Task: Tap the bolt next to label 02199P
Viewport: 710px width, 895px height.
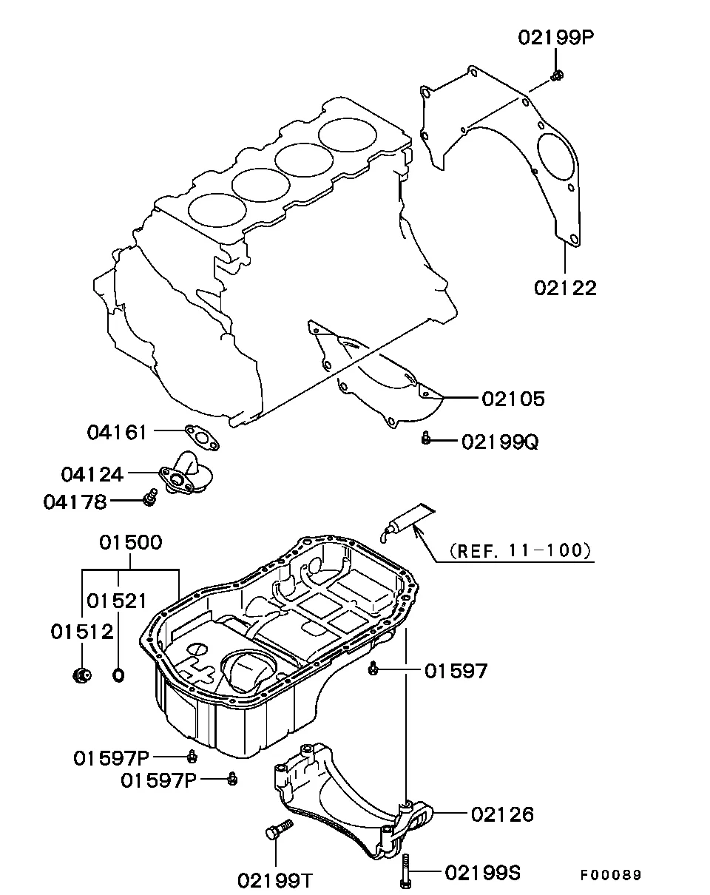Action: pos(558,75)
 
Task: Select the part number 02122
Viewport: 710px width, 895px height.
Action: pos(565,288)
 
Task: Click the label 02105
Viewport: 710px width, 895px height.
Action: pos(513,399)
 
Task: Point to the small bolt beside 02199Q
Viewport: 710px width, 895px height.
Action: pos(425,439)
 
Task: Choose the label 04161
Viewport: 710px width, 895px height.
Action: pos(117,431)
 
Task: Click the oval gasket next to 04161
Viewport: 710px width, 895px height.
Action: pos(201,436)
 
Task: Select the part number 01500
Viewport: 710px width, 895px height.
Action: pos(131,542)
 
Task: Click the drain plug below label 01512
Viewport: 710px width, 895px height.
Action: pos(82,674)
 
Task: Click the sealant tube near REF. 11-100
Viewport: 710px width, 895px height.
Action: pos(403,521)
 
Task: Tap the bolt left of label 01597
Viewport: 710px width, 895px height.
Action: pos(373,669)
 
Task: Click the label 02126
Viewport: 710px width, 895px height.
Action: pos(502,814)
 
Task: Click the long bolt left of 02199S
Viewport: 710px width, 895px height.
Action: pos(405,871)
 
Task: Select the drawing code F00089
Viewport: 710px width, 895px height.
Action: pos(609,875)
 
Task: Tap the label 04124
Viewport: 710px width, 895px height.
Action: pos(92,473)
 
